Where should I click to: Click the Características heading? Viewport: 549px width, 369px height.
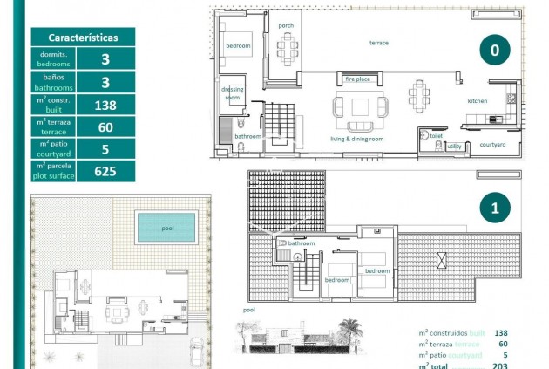(84, 37)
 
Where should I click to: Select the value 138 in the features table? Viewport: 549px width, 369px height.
(105, 105)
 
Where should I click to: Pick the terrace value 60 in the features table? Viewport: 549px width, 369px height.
(105, 126)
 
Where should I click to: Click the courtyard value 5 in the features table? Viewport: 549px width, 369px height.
(105, 148)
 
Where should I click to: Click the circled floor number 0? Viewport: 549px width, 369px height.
(494, 51)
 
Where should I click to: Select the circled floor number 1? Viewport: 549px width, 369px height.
(494, 208)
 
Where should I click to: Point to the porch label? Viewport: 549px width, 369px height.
(286, 25)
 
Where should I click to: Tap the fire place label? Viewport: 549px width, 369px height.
(358, 79)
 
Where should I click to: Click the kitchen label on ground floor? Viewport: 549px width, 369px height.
(478, 100)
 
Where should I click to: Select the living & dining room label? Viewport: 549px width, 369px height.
(357, 139)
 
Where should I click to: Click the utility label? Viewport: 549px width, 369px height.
(453, 147)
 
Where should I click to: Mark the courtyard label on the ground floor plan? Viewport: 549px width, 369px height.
(492, 144)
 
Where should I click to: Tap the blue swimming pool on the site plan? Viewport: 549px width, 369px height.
(166, 229)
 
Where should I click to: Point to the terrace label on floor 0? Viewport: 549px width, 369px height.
(379, 43)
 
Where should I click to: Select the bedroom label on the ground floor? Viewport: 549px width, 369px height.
(238, 45)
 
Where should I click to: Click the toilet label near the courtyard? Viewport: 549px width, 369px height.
(437, 136)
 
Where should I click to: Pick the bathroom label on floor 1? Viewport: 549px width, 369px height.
(302, 243)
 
